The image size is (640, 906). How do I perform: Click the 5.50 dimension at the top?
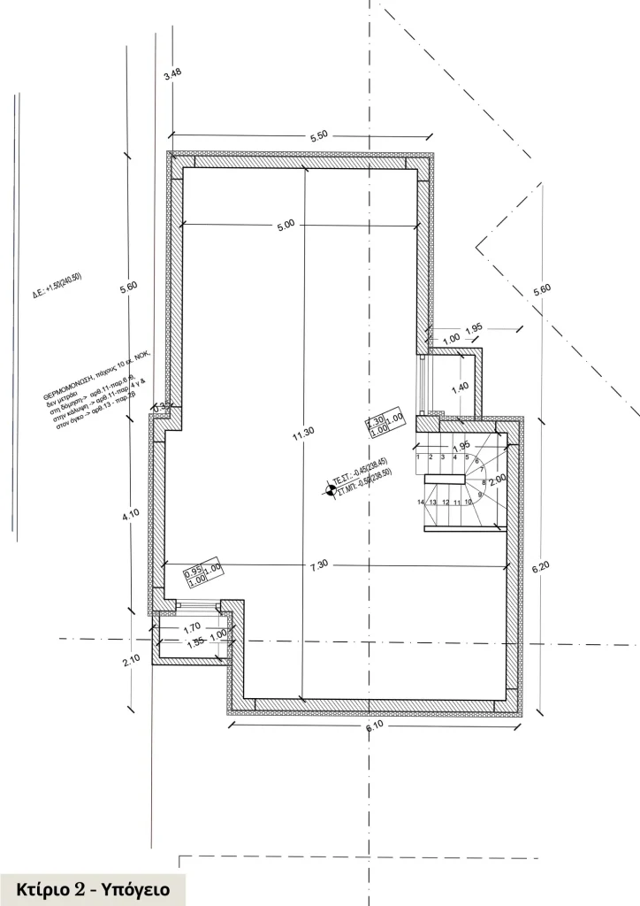pos(318,135)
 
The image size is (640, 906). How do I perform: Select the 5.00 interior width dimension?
pos(285,226)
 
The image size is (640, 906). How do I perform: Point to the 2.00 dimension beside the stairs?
pos(498,478)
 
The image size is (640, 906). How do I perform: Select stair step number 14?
pos(420,502)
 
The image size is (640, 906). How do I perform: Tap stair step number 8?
pos(484,482)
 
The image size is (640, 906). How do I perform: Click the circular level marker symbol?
pos(331,488)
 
